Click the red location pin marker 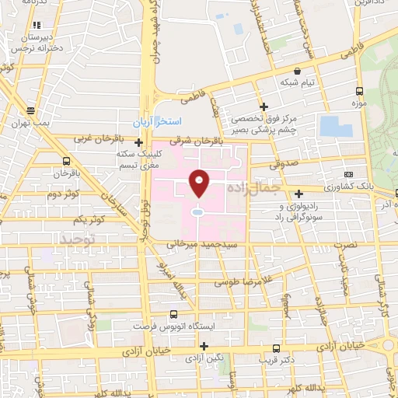pos(200,183)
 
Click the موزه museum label pos(358,103)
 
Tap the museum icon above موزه pos(358,89)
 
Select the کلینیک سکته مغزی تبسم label pos(138,159)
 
